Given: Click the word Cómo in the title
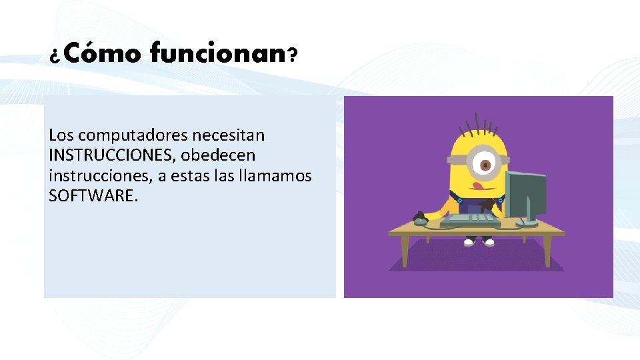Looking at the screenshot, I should [103, 53].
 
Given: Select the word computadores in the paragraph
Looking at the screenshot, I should [125, 135].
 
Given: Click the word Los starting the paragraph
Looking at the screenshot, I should [59, 135].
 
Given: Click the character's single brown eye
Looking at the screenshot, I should [485, 163].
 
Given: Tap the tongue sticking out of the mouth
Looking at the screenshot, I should [477, 183].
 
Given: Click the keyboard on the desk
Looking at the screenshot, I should [470, 218].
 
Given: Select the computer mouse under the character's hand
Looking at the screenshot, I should [420, 217].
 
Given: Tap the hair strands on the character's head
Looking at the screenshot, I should [477, 124].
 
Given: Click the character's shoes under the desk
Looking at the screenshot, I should [479, 242].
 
